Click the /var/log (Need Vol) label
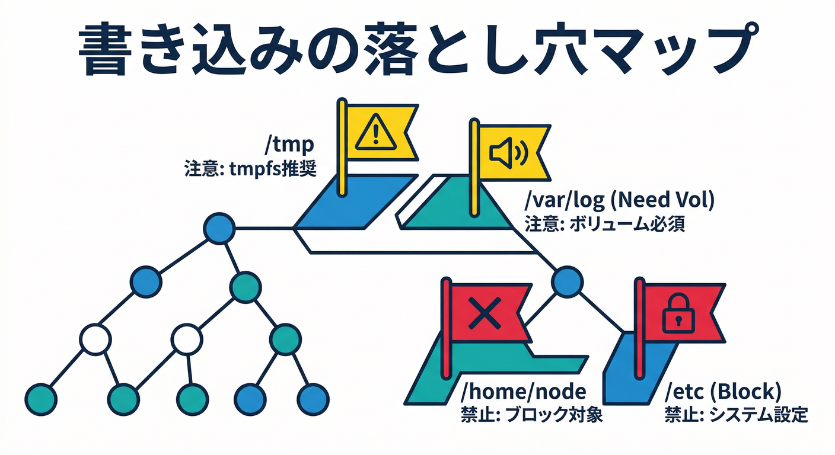620,201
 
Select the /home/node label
522,392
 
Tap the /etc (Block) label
723,392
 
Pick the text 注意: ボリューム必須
605,226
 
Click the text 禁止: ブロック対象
531,415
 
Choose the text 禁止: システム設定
736,415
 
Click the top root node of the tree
219,228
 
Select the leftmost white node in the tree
95,340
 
